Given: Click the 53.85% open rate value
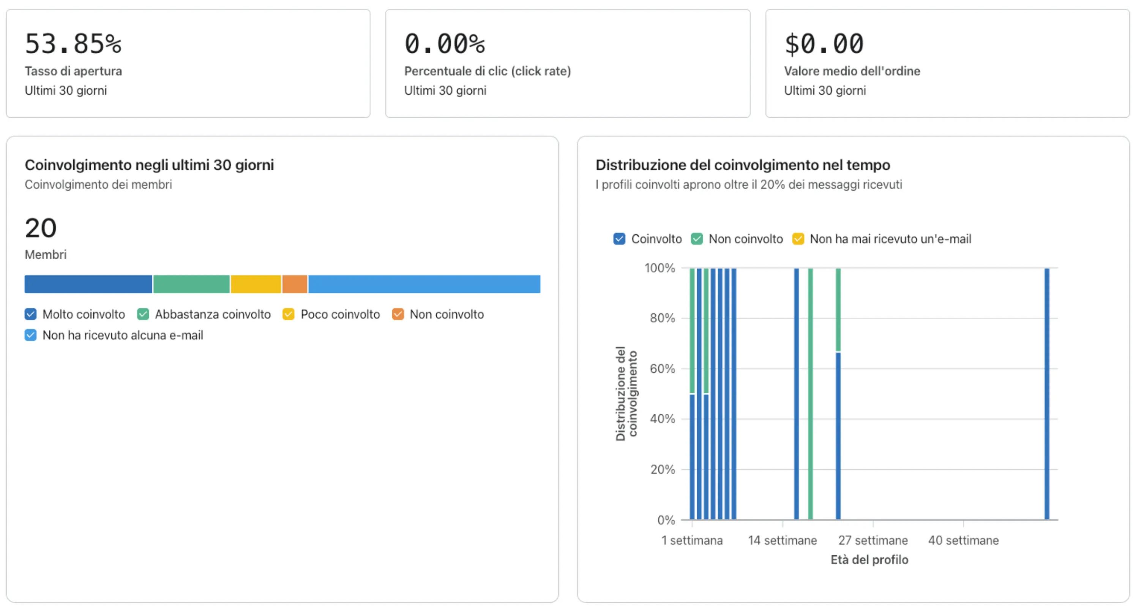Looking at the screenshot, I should point(73,44).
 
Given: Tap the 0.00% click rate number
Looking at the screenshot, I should point(444,44).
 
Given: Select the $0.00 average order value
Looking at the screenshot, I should point(824,44).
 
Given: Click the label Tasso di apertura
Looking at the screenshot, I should point(73,71).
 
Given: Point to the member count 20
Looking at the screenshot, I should point(41,228).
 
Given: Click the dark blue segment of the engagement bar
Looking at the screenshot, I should point(88,284).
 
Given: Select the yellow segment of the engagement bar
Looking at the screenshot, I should point(256,284).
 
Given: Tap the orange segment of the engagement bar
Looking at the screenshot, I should point(294,284).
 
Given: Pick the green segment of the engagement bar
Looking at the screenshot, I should point(191,284).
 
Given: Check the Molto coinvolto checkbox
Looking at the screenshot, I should point(30,314).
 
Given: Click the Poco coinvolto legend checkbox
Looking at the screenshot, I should point(288,314).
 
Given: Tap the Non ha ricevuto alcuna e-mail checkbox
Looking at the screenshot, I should point(30,335).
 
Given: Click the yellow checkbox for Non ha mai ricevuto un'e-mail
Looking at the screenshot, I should point(798,239).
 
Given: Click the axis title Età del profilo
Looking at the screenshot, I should point(869,560).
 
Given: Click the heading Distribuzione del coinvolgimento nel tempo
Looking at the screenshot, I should point(742,165).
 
